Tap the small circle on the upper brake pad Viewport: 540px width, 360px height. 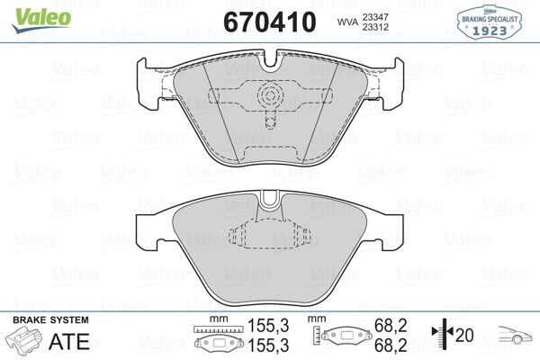pyautogui.click(x=270, y=97)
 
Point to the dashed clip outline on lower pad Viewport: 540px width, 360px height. pyautogui.click(x=269, y=236)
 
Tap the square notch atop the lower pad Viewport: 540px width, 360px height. pyautogui.click(x=269, y=202)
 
